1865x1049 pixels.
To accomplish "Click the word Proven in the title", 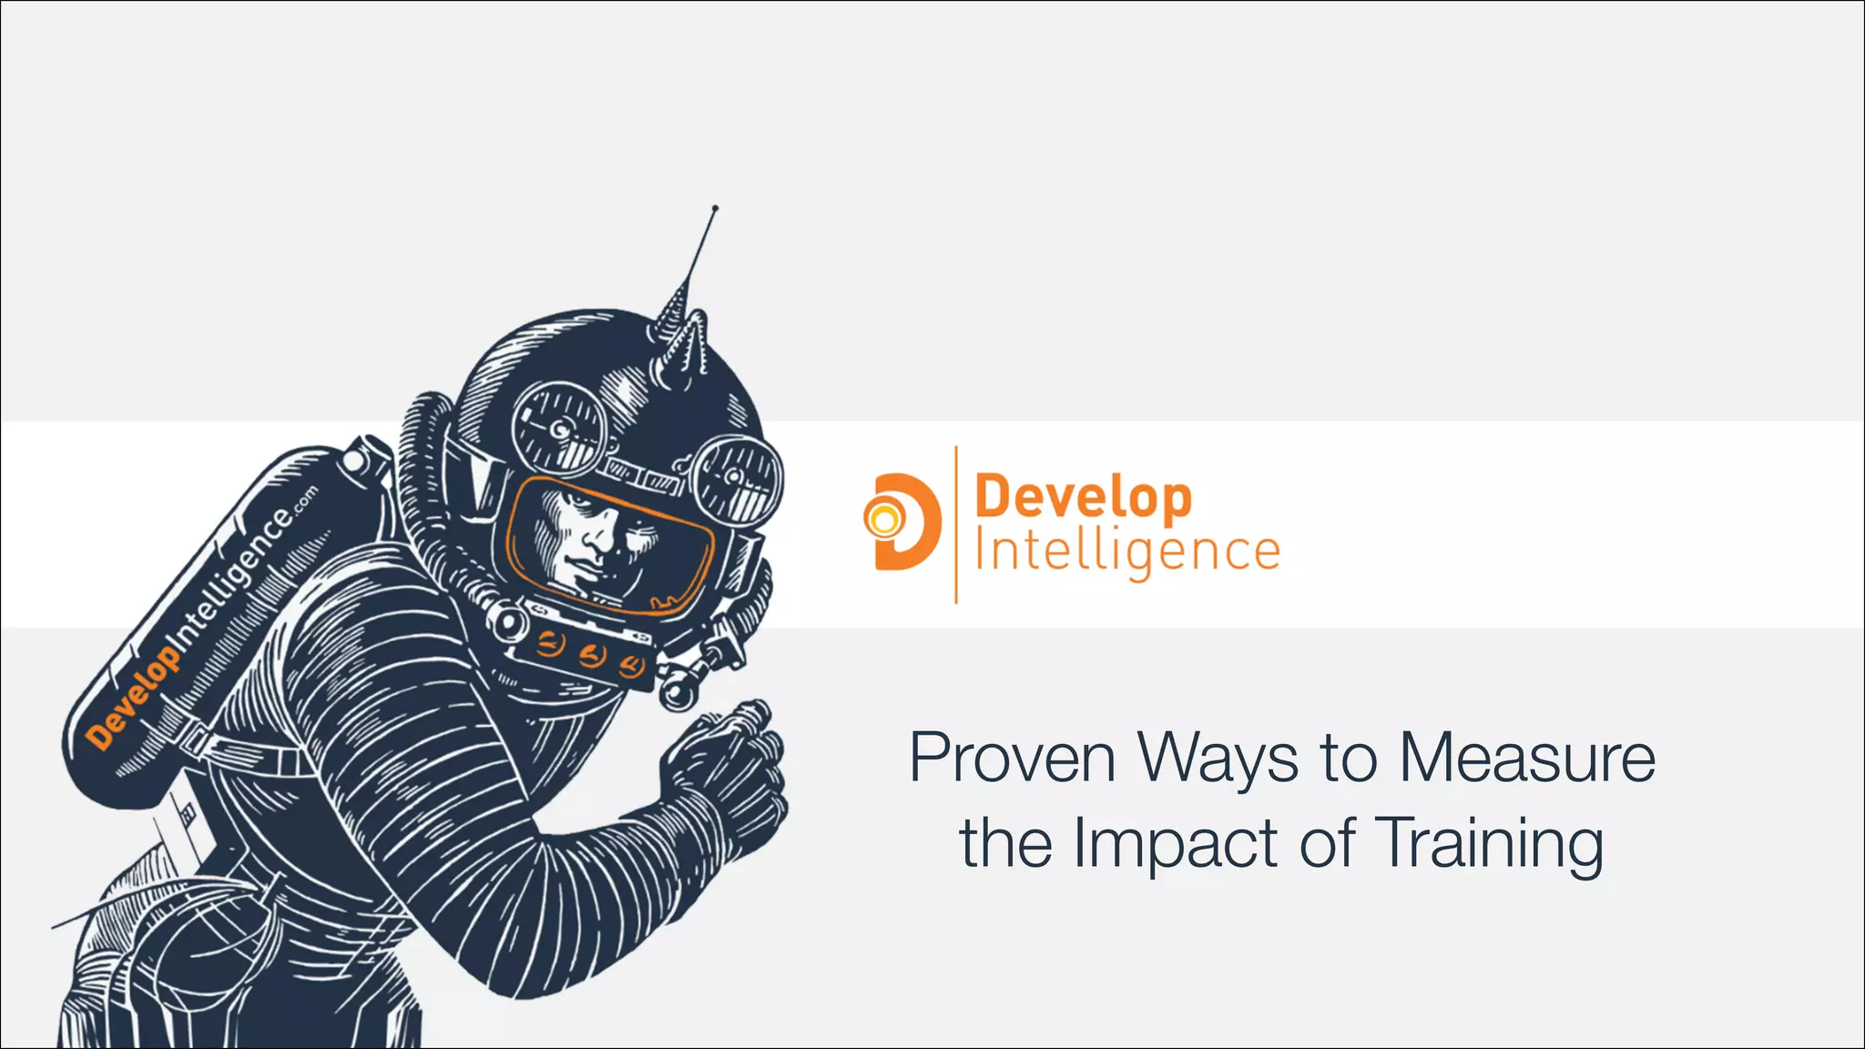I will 1012,758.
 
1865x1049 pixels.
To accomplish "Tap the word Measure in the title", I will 1527,758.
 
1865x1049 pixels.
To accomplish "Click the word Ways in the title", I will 1218,759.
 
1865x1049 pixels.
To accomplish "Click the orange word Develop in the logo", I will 1083,498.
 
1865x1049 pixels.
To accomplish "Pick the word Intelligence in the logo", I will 1127,552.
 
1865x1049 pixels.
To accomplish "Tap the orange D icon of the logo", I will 902,521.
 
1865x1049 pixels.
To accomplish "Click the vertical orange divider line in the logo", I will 955,524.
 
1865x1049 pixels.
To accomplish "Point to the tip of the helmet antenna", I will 715,209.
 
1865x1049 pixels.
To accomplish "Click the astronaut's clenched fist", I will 729,765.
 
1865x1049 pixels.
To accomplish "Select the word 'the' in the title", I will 1007,843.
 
